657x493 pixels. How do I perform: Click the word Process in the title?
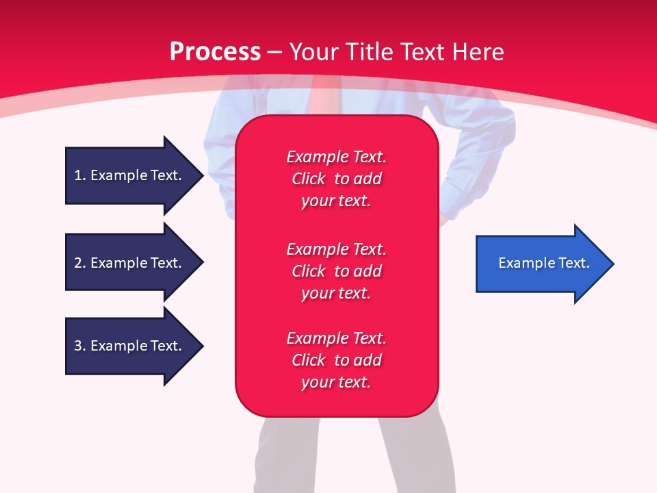coord(215,52)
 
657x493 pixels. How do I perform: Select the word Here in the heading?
coord(478,52)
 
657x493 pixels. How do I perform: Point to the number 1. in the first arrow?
coord(80,175)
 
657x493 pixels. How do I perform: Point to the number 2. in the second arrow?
coord(80,263)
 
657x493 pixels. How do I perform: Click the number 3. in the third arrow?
coord(80,346)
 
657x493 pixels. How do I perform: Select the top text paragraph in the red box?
coord(336,179)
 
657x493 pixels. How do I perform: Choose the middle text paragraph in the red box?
coord(336,271)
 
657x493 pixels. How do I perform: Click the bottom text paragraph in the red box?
coord(336,360)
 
